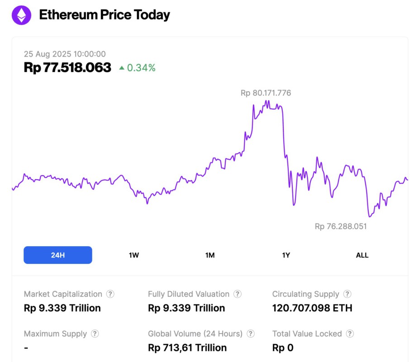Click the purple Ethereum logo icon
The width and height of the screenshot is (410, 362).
tap(21, 15)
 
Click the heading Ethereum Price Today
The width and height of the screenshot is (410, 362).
tap(104, 15)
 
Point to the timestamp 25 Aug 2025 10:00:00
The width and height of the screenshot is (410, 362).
tap(65, 54)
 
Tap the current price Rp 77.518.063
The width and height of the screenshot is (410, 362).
tap(67, 68)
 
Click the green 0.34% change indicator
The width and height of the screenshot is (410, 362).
tap(138, 68)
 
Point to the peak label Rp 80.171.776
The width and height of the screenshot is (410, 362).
tap(266, 93)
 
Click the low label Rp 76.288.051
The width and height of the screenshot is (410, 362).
tap(340, 226)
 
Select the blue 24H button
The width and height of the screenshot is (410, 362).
tap(58, 255)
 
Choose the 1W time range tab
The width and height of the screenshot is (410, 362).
tap(134, 255)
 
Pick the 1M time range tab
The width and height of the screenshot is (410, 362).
tap(210, 255)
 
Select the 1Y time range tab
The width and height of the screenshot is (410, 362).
tap(286, 255)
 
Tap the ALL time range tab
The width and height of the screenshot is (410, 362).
tap(362, 255)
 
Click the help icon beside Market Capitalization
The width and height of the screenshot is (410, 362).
tap(110, 294)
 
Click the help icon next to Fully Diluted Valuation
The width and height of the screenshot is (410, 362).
tap(237, 294)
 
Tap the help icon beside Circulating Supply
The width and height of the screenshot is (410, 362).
tap(347, 294)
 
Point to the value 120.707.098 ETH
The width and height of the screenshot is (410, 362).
tap(312, 308)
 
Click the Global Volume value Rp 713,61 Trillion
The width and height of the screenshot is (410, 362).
tap(187, 348)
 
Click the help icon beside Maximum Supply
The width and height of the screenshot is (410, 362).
tap(95, 334)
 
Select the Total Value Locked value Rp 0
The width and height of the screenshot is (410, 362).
tap(282, 348)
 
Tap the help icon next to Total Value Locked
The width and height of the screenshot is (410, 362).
tap(350, 334)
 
